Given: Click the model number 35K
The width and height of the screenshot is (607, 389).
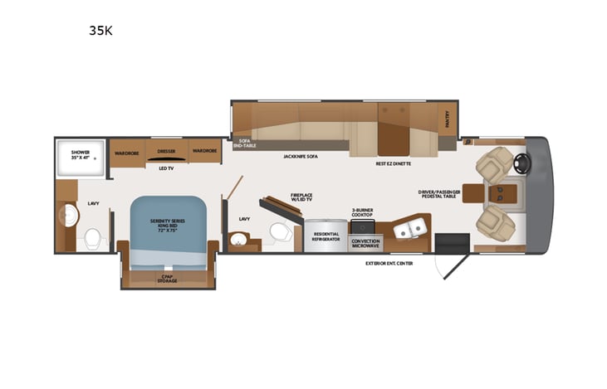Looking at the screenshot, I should click(x=102, y=32).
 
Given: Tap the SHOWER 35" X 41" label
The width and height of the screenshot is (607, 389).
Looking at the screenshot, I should click(x=80, y=154).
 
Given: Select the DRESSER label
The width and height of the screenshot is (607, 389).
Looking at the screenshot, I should click(x=166, y=152).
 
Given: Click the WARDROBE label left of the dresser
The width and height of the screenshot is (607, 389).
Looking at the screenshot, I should click(x=126, y=152).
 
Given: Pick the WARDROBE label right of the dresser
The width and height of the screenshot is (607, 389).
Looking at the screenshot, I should click(x=204, y=152).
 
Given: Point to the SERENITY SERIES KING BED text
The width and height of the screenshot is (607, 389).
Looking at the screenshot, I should click(x=167, y=223).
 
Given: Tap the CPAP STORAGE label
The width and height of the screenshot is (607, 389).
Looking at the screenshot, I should click(x=167, y=280).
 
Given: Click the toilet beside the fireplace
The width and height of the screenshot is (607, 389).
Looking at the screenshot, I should click(x=279, y=231).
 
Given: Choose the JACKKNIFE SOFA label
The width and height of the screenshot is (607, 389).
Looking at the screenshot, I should click(x=301, y=156).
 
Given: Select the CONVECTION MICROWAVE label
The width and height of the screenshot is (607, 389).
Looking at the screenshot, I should click(x=365, y=243).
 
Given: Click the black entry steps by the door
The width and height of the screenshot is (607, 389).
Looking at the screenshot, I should click(x=453, y=243).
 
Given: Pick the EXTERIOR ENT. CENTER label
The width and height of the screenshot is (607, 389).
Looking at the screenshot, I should click(x=389, y=263).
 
